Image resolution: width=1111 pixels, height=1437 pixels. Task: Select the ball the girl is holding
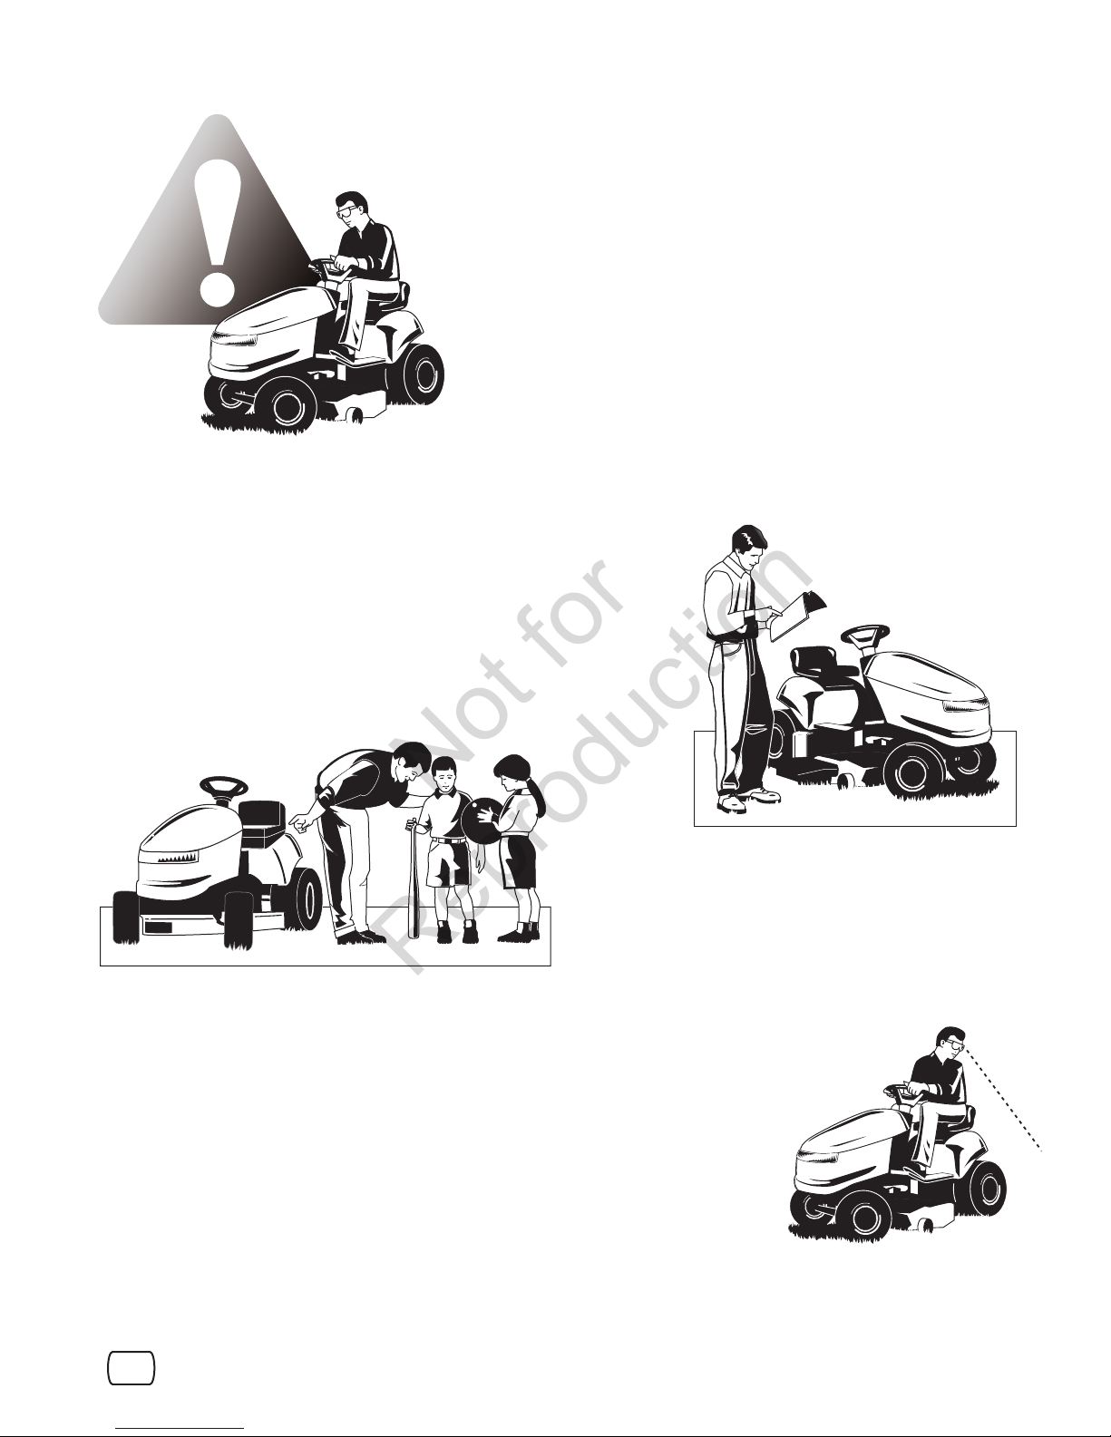[x=482, y=818]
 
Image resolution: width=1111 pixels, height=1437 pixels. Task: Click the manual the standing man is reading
[x=797, y=616]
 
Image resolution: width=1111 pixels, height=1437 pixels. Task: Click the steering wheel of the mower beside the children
[x=223, y=787]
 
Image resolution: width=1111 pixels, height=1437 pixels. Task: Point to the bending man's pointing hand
[x=301, y=823]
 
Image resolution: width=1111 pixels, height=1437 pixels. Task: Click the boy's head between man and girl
[x=445, y=775]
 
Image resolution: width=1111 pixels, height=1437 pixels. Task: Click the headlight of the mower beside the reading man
[x=966, y=707]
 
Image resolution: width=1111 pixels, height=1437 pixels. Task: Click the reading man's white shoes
[x=748, y=799]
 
